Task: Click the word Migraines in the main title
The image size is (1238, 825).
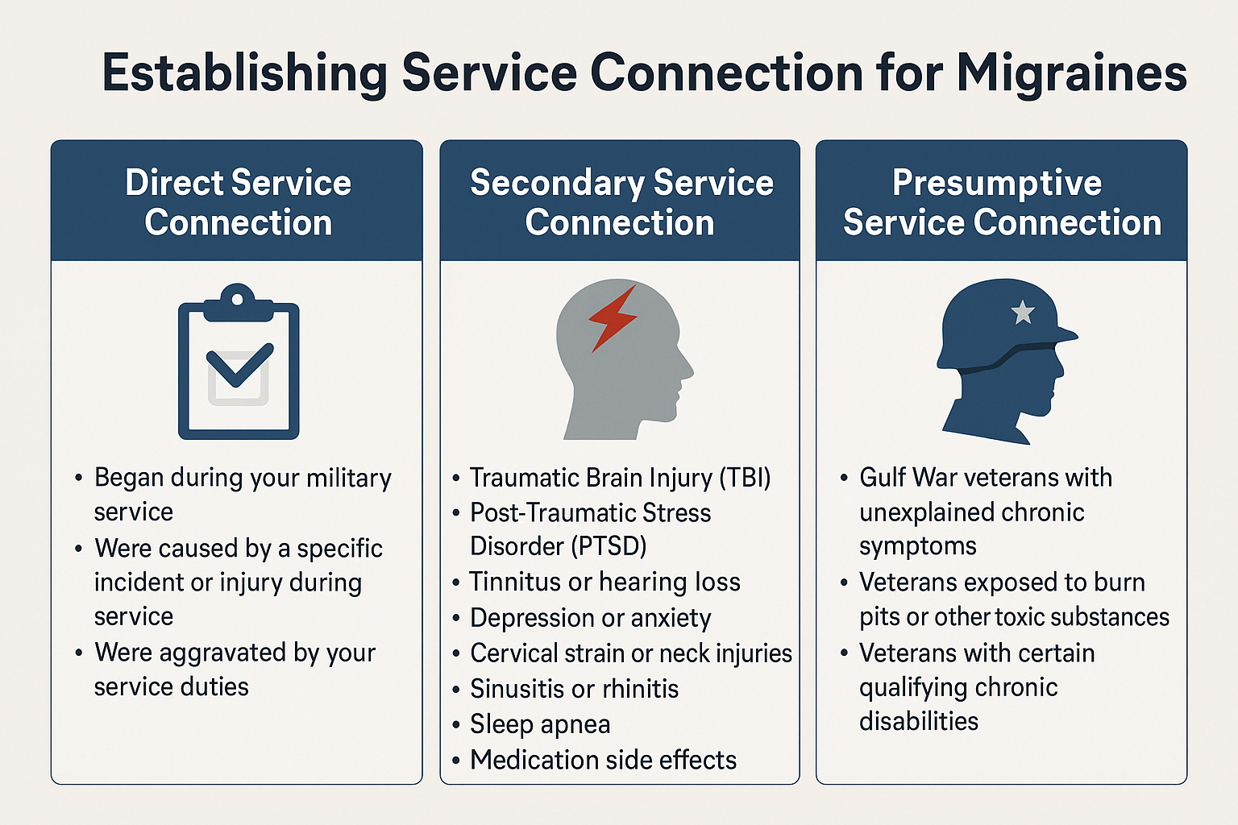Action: click(1071, 73)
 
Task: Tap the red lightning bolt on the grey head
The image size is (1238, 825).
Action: click(613, 317)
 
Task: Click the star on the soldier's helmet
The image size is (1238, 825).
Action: click(1023, 311)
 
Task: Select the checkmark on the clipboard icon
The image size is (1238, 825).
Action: click(239, 367)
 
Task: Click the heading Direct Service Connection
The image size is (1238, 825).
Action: click(238, 202)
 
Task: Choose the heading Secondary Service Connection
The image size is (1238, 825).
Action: click(621, 202)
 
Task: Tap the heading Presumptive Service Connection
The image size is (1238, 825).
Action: click(1001, 202)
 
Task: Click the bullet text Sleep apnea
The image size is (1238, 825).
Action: click(540, 723)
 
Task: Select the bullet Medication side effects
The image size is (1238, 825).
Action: click(603, 760)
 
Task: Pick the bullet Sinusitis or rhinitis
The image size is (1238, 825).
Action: click(574, 689)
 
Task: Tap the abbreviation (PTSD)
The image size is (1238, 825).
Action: click(609, 546)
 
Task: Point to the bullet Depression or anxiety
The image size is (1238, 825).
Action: click(590, 618)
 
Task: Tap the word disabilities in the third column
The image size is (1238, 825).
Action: click(919, 721)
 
